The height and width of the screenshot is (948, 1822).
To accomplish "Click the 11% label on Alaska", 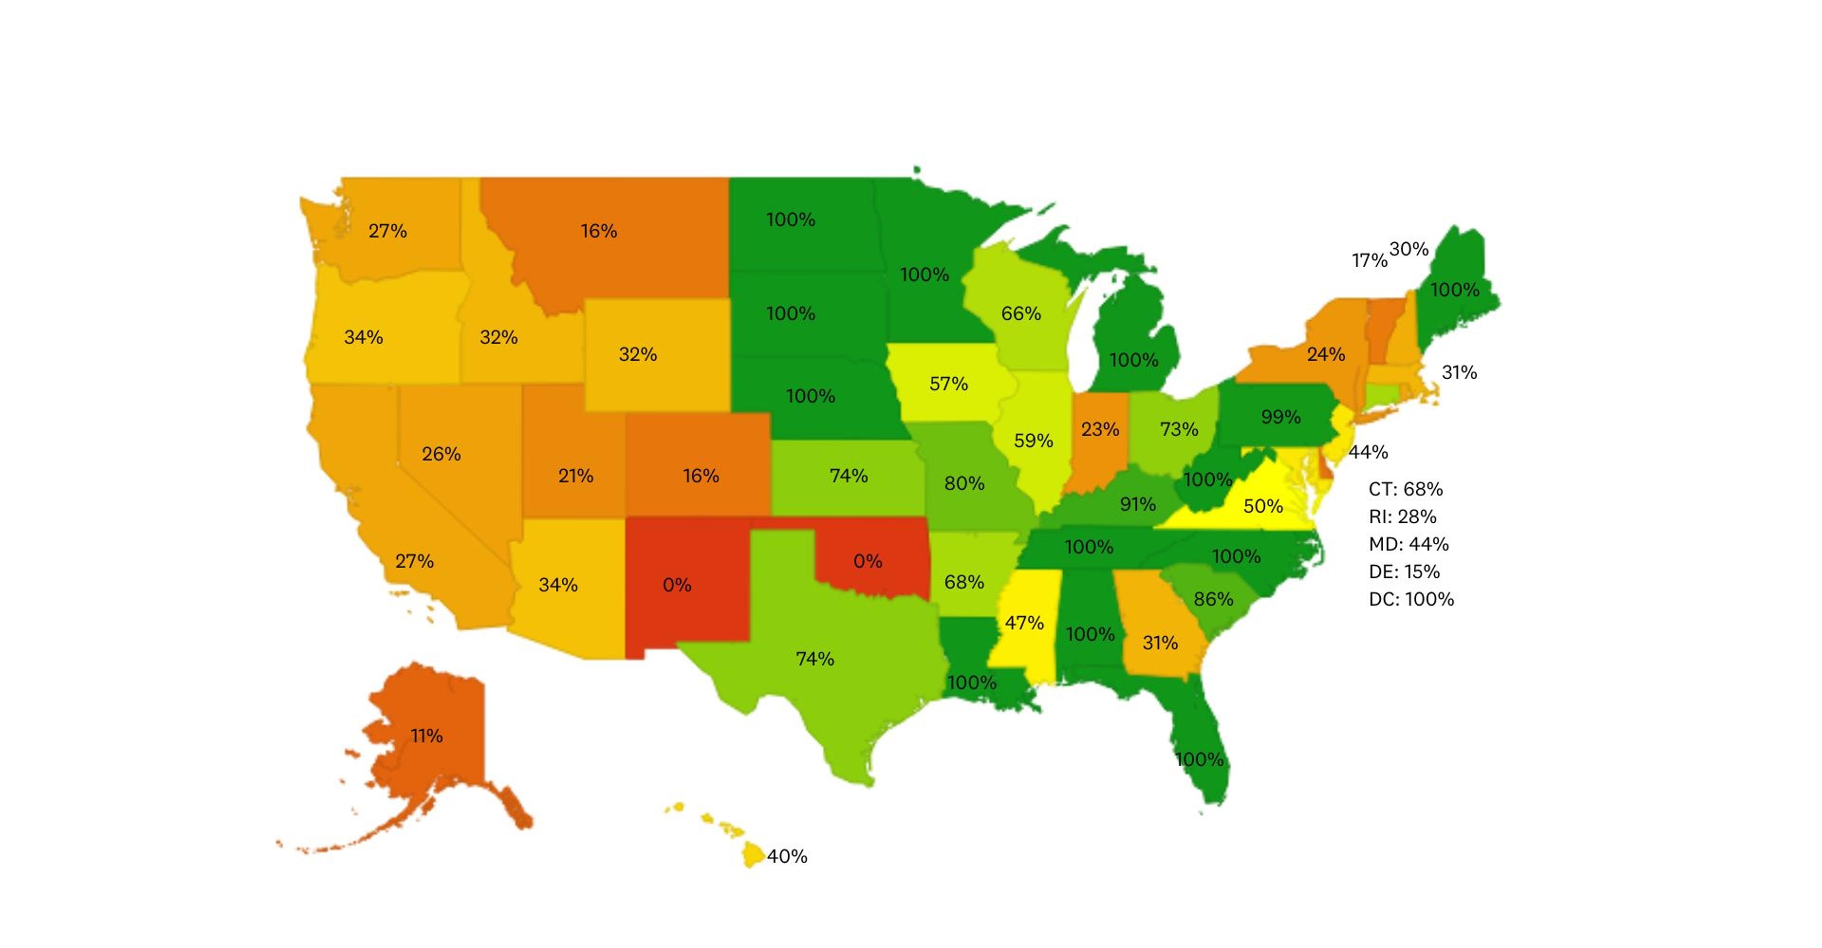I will pyautogui.click(x=427, y=736).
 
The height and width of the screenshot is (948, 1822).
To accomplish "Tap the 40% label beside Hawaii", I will pyautogui.click(x=787, y=856).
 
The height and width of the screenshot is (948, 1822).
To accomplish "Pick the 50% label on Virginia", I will pyautogui.click(x=1263, y=506).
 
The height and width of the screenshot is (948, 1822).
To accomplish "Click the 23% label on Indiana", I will pyautogui.click(x=1100, y=429).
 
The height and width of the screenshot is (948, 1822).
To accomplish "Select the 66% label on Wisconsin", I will pyautogui.click(x=1021, y=314).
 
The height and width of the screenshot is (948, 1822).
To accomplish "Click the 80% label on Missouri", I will pyautogui.click(x=964, y=483).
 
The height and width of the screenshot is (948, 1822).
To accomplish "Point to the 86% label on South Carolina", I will pyautogui.click(x=1213, y=599).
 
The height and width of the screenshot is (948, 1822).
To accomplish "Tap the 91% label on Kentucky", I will pyautogui.click(x=1137, y=504).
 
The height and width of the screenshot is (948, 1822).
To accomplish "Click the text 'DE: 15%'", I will pyautogui.click(x=1404, y=572).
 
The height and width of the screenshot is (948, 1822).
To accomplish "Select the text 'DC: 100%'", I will pyautogui.click(x=1411, y=599).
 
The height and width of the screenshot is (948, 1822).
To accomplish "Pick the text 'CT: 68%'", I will pyautogui.click(x=1405, y=489).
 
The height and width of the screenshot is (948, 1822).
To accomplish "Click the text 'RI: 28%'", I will pyautogui.click(x=1402, y=516).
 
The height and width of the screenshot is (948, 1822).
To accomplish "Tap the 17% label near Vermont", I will pyautogui.click(x=1369, y=260).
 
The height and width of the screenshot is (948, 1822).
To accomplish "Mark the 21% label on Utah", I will pyautogui.click(x=575, y=475).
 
